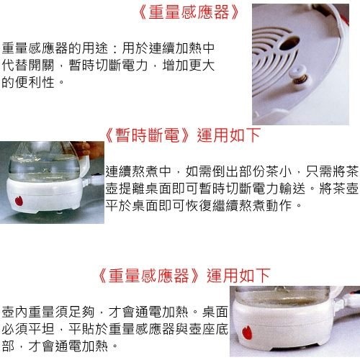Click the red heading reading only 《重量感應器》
coord(189,12)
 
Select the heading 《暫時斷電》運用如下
coord(183,135)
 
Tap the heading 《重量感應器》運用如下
coord(184,275)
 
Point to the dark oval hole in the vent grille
coord(289,43)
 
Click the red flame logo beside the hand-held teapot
coord(19,201)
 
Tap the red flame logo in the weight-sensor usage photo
coord(247,333)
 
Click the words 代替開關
coord(28,65)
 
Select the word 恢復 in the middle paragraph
coord(199,205)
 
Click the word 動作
coord(279,205)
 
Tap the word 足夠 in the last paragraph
coord(82,312)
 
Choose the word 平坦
coord(41,329)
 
